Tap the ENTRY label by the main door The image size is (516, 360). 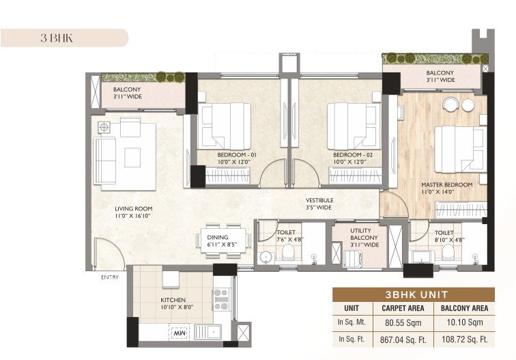[x=109, y=277]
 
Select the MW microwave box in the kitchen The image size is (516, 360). [x=180, y=333]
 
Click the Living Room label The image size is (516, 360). [x=132, y=212]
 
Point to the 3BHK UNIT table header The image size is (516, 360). [x=423, y=294]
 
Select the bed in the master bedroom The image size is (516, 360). [x=459, y=148]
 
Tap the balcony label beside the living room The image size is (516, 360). [x=127, y=93]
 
